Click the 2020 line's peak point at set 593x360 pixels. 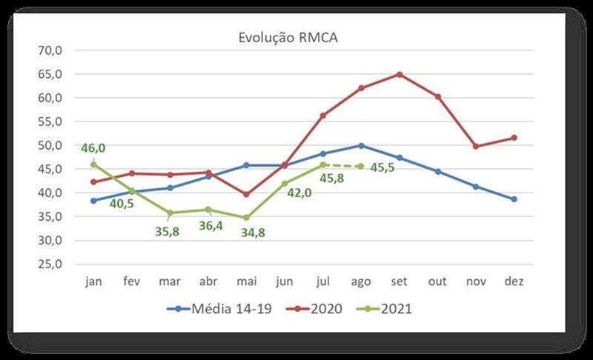400,74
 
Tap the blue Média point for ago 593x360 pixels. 361,145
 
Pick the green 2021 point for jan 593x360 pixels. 94,164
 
